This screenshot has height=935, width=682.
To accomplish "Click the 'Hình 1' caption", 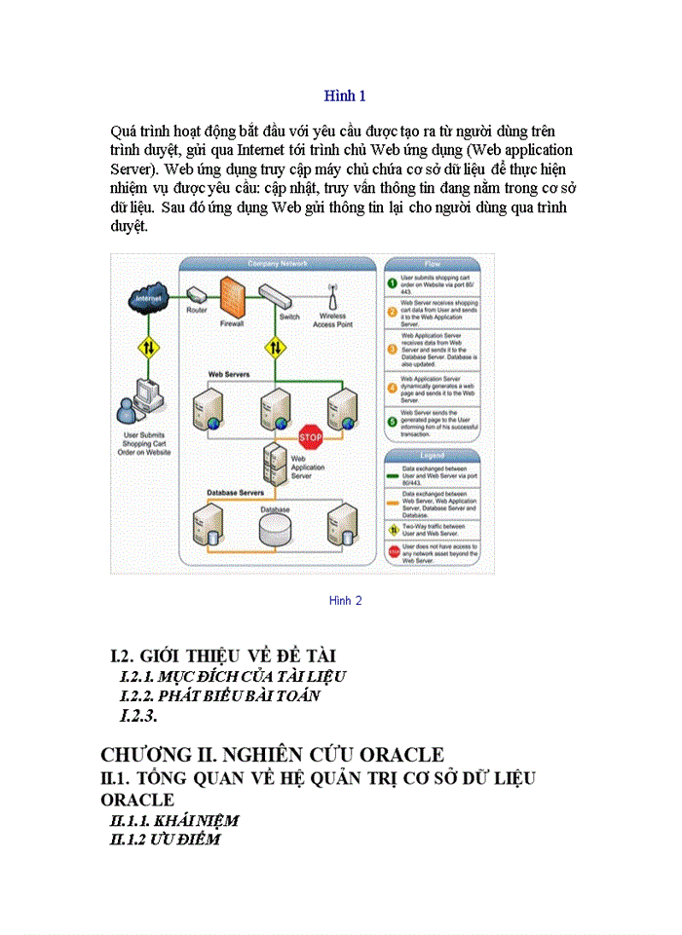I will pyautogui.click(x=345, y=95).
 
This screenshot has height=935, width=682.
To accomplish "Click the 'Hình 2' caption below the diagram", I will pyautogui.click(x=345, y=601).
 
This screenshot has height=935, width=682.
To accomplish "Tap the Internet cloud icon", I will pyautogui.click(x=147, y=300).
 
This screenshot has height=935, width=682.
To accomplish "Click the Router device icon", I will pyautogui.click(x=196, y=294).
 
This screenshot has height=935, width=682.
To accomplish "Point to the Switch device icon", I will pyautogui.click(x=289, y=295).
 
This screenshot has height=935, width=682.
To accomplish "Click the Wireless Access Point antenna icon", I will pyautogui.click(x=332, y=295).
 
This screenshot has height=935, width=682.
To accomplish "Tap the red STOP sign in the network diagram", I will pyautogui.click(x=310, y=433).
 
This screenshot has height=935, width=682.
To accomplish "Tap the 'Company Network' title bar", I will pyautogui.click(x=278, y=264).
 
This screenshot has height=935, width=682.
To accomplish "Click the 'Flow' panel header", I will pyautogui.click(x=432, y=264).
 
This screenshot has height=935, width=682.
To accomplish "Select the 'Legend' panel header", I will pyautogui.click(x=432, y=455).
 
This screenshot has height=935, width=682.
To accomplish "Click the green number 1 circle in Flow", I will pyautogui.click(x=392, y=283).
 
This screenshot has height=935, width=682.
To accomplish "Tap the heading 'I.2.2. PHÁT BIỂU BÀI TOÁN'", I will pyautogui.click(x=220, y=695).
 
